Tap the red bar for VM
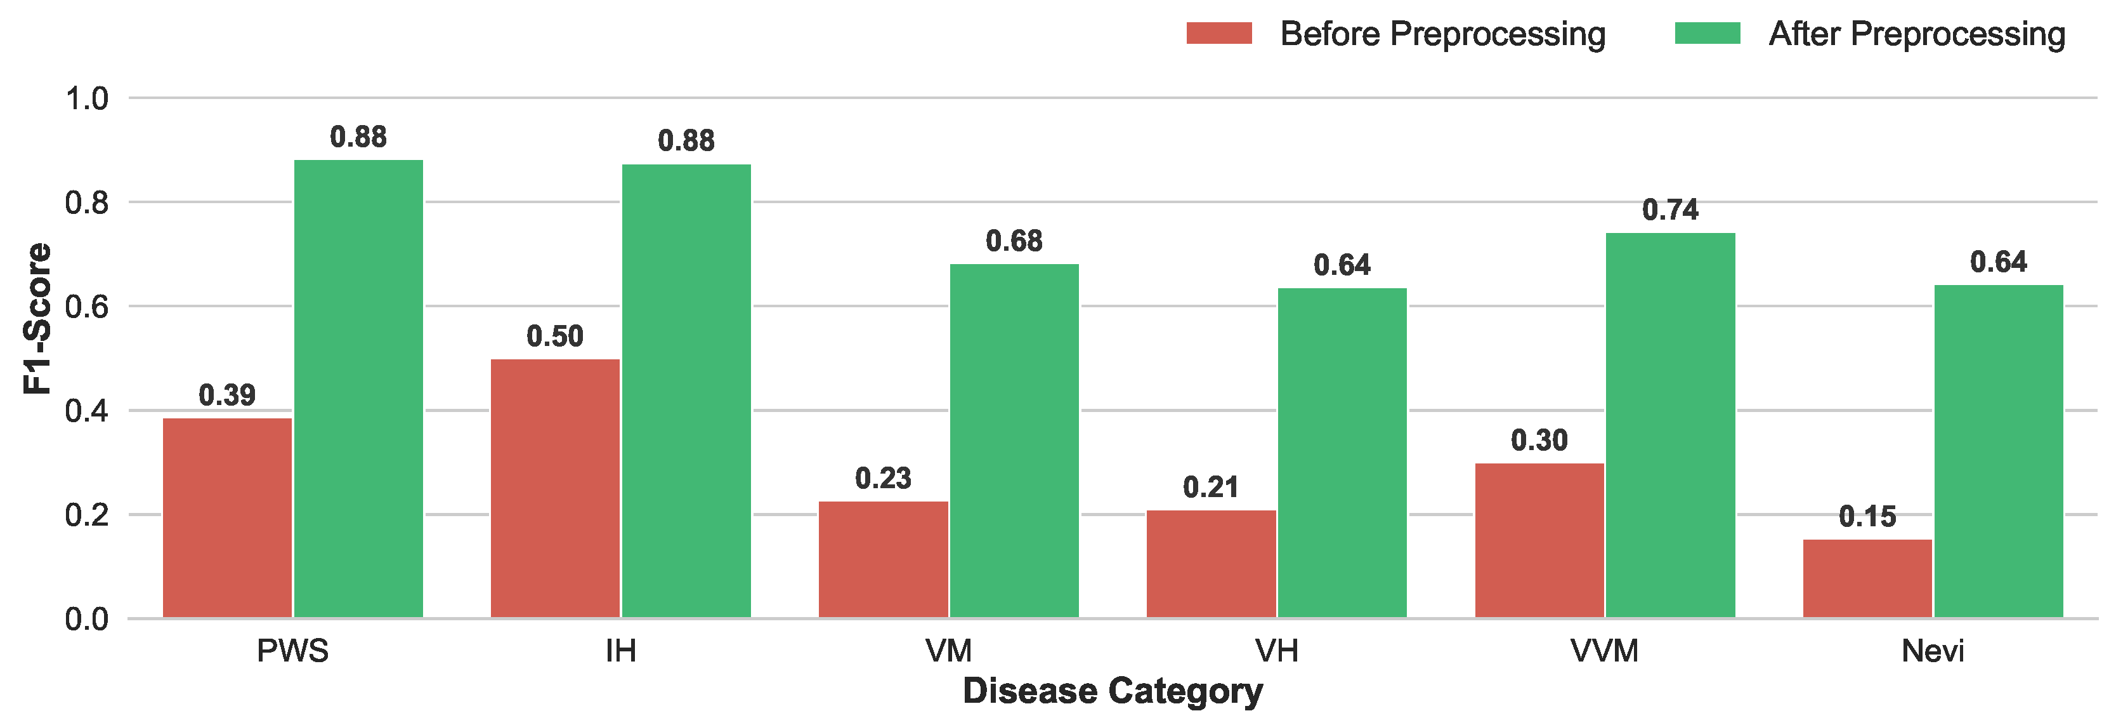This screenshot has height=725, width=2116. pyautogui.click(x=883, y=559)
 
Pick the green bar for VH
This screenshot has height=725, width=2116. pyautogui.click(x=1342, y=453)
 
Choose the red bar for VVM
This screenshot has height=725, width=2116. pyautogui.click(x=1539, y=540)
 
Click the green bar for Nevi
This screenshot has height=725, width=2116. pyautogui.click(x=1999, y=451)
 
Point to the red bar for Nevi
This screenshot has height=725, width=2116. pyautogui.click(x=1867, y=578)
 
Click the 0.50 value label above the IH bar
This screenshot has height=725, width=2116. pyautogui.click(x=554, y=336)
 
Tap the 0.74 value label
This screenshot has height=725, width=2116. pyautogui.click(x=1670, y=210)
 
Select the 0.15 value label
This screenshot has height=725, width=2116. pyautogui.click(x=1867, y=517)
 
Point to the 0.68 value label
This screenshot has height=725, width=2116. pyautogui.click(x=1014, y=242)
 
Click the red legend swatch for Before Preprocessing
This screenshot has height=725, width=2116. pyautogui.click(x=1219, y=34)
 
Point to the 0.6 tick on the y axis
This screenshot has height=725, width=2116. pyautogui.click(x=86, y=307)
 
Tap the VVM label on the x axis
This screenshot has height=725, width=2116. pyautogui.click(x=1604, y=651)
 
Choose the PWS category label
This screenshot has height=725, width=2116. pyautogui.click(x=292, y=651)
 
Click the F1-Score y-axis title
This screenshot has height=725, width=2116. pyautogui.click(x=37, y=318)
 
